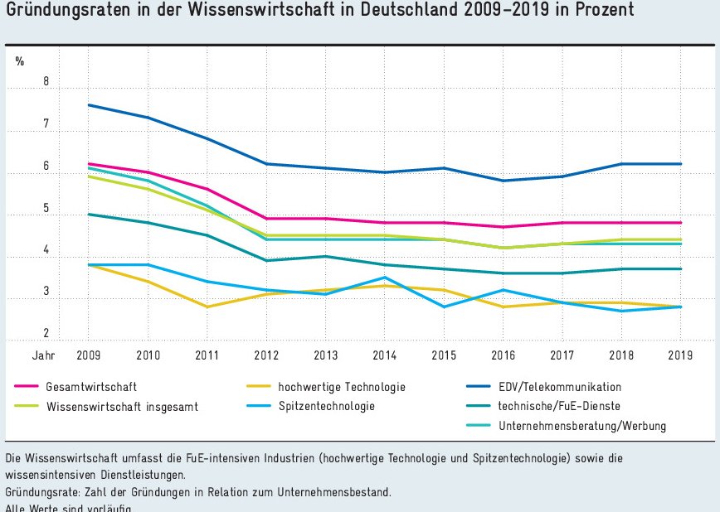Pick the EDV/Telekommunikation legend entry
click(560, 387)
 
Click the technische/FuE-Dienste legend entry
click(559, 406)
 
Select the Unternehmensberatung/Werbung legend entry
click(582, 427)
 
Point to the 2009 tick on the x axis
click(88, 356)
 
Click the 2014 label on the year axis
click(384, 356)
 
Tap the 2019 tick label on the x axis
click(680, 356)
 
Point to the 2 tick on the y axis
click(46, 334)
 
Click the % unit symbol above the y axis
click(20, 60)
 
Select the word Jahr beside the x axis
click(43, 356)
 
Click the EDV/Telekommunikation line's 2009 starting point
click(88, 105)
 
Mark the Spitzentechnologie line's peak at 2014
click(384, 278)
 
